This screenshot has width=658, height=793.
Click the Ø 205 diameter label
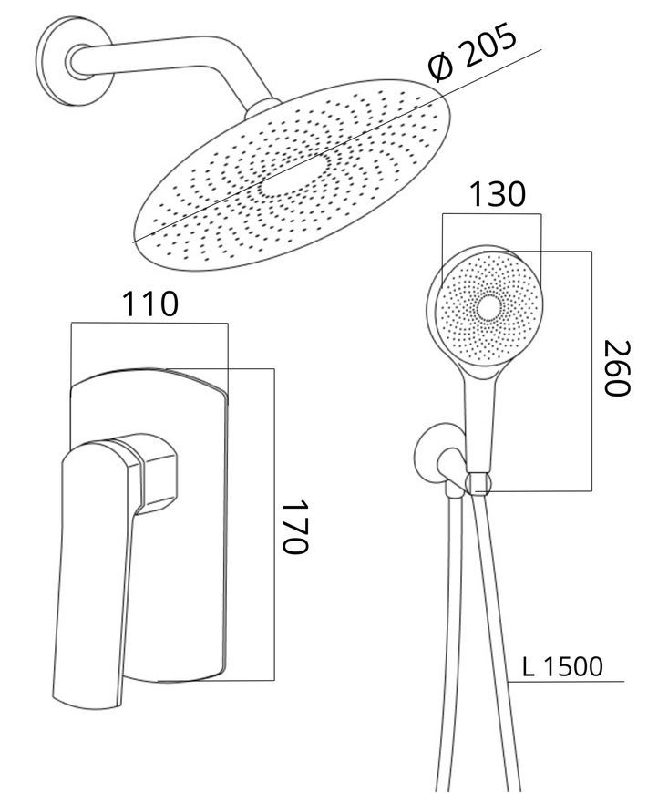coord(472,52)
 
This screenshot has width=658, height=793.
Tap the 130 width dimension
coord(498,194)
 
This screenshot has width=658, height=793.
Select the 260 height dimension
coord(618,368)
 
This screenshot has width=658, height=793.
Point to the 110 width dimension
coord(150,304)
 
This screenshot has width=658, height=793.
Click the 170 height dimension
coord(295,528)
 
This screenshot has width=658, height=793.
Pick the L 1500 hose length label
coord(562,666)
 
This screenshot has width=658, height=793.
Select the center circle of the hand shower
coord(489,308)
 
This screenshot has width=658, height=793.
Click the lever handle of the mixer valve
coord(94,572)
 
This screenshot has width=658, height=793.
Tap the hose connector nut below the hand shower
coord(478,484)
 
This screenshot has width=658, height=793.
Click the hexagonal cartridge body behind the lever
coord(158,474)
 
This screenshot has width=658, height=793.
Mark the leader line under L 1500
coord(567,682)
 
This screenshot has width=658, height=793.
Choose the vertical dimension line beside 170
coord(274,524)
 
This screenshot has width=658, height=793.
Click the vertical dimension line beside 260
coord(591,371)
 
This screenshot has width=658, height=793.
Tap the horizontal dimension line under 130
coord(491,214)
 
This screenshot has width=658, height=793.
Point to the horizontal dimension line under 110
coord(149,324)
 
